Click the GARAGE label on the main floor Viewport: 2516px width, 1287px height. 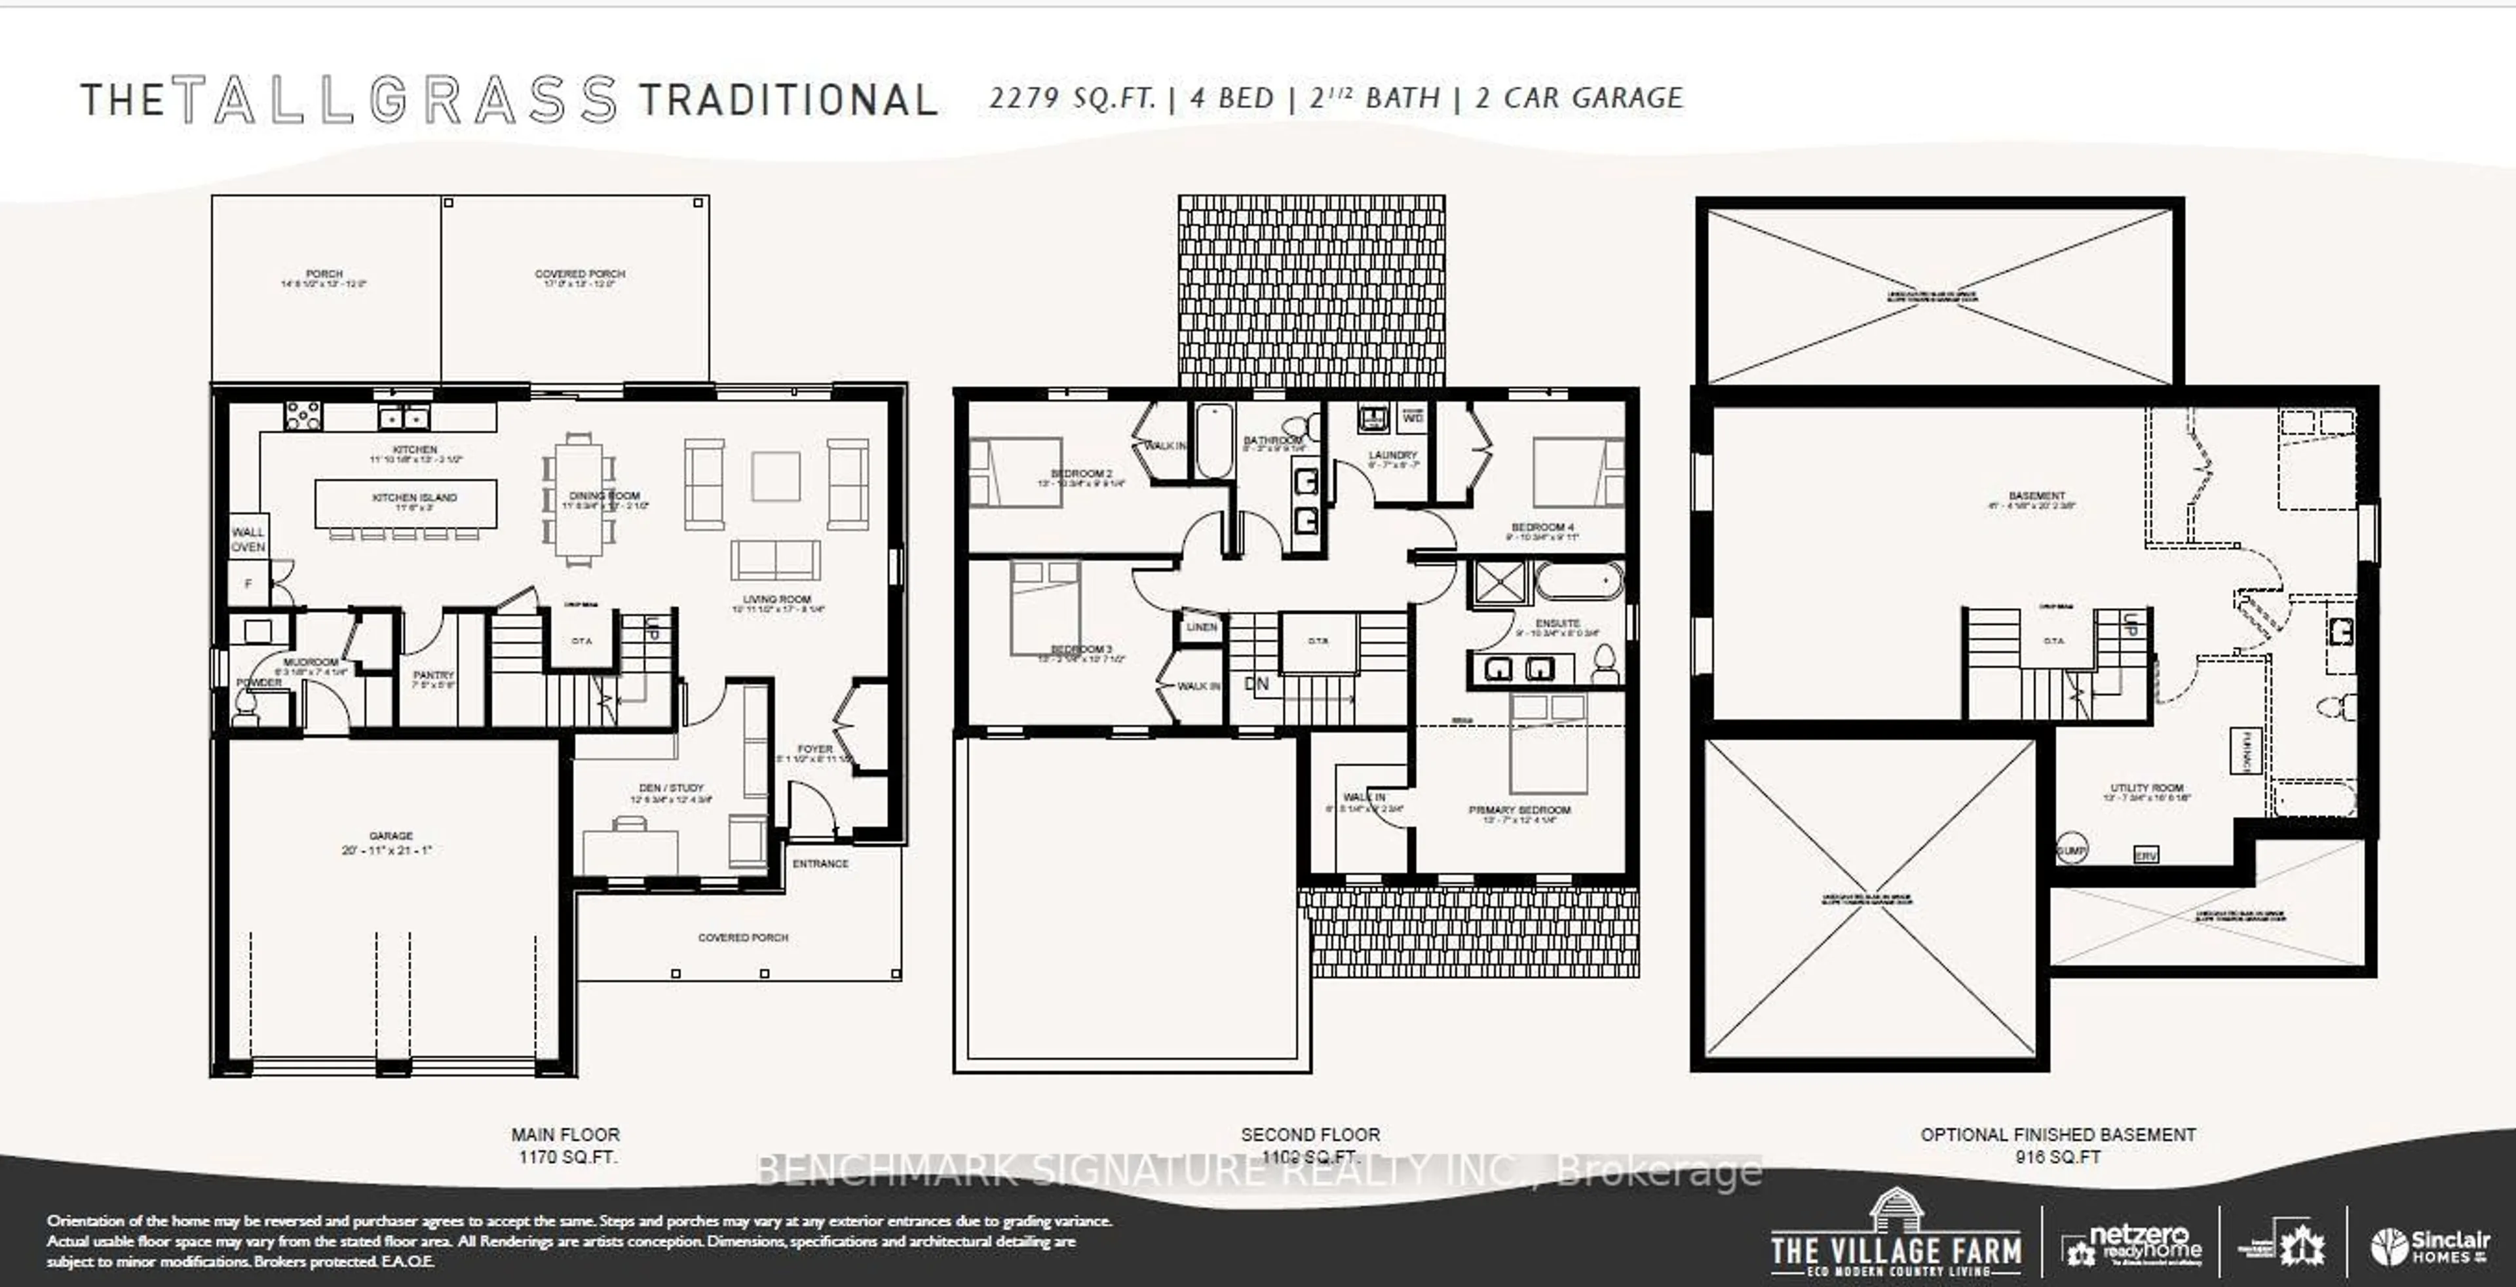pos(391,837)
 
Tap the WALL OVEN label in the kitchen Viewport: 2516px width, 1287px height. pos(248,539)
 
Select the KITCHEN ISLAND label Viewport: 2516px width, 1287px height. pos(414,498)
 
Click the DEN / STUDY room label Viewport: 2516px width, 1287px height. pos(671,788)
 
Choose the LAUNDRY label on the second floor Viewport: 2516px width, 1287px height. pos(1393,455)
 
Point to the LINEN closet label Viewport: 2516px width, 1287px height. pos(1202,627)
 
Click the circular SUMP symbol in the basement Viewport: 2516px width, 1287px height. pos(2070,851)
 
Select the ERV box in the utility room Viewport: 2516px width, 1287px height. pos(2146,855)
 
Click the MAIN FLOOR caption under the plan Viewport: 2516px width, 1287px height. pos(565,1135)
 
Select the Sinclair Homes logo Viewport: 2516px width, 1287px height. pos(2429,1246)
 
